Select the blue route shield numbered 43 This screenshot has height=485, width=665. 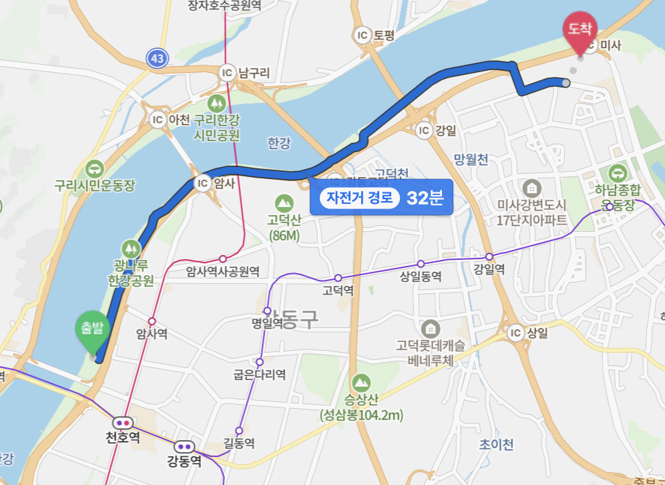pos(157,59)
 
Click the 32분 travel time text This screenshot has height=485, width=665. pos(425,198)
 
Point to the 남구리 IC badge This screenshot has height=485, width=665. pos(228,72)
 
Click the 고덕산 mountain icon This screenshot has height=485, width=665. pos(284,201)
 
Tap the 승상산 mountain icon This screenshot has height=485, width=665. pos(361,382)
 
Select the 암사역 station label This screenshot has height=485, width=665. pos(152,334)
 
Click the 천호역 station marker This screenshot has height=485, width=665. pos(124,422)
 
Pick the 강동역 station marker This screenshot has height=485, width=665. pos(184,446)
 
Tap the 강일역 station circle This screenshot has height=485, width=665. pos(489,257)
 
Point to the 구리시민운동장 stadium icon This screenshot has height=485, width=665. pos(95,168)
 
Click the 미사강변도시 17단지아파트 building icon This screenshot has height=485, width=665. pos(531,186)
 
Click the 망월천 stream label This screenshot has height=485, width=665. pos(471,159)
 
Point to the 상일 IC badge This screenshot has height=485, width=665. pos(515,333)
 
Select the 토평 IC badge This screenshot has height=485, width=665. pos(363,35)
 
